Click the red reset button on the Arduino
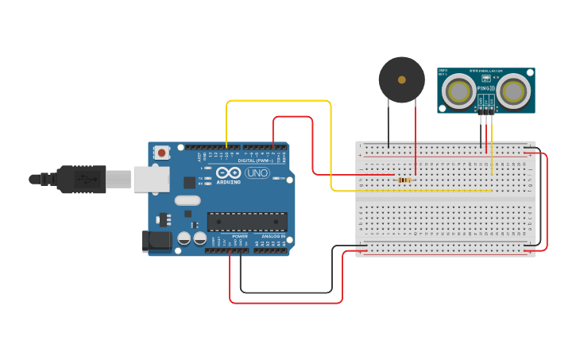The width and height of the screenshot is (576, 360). [162, 152]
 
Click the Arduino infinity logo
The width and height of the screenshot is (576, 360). [228, 172]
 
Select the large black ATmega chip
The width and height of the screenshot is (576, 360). [247, 222]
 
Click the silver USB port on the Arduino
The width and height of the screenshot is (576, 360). [150, 179]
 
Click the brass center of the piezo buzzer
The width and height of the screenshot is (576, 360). [401, 79]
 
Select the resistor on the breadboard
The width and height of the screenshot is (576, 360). [404, 180]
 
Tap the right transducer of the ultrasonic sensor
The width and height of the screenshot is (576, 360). [512, 91]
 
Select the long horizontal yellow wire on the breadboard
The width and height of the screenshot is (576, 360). [413, 191]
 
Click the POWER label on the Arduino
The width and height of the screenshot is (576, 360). [239, 236]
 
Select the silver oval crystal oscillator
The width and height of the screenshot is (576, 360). [187, 201]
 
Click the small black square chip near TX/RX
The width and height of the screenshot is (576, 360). [190, 182]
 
